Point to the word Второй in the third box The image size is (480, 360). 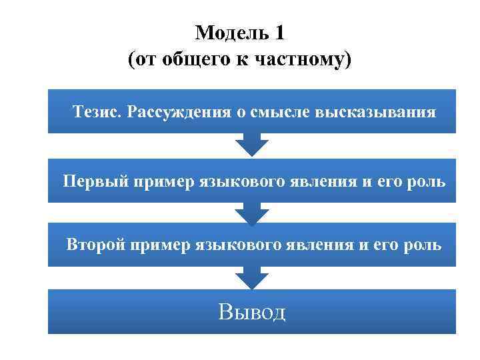click(97, 245)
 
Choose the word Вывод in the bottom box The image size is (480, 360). click(251, 311)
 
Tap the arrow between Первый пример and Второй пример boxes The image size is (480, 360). click(252, 211)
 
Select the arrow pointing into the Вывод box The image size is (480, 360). click(252, 277)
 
